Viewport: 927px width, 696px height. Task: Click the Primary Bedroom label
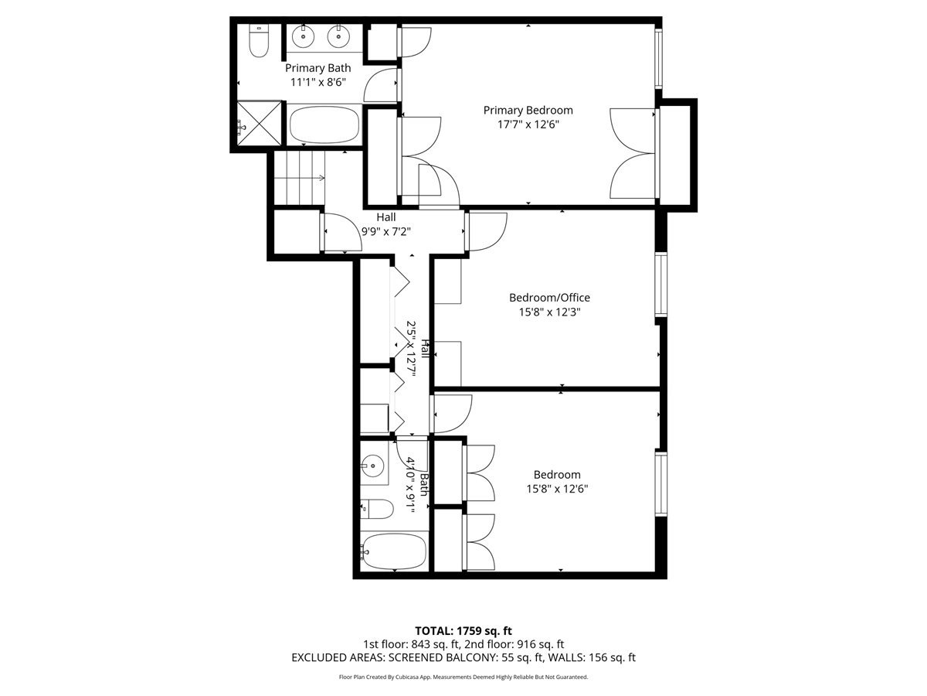528,111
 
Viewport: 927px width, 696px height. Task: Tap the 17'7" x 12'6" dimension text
528,125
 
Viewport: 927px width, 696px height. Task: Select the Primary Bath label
317,68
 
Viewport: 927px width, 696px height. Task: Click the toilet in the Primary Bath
259,41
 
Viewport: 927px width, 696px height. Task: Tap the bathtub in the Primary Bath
324,125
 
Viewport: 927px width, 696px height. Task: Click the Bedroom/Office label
549,298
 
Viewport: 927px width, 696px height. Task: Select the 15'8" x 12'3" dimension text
549,312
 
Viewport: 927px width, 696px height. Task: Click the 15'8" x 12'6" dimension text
557,489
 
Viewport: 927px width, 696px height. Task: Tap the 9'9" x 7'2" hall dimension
386,231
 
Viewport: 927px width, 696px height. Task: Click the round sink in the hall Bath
373,466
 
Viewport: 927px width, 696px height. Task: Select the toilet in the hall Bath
377,509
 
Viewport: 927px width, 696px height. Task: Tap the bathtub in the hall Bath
394,551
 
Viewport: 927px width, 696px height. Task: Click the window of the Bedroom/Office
661,285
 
